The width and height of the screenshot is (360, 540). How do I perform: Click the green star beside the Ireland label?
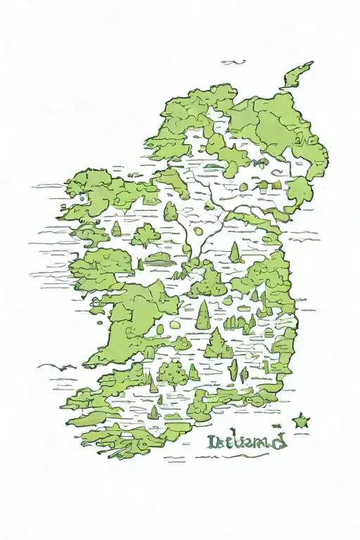300,421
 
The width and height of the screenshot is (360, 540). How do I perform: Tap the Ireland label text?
246,442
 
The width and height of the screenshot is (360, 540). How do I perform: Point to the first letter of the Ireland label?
212,442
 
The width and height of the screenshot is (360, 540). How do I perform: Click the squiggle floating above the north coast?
233,63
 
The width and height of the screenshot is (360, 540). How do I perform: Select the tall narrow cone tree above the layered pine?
204,314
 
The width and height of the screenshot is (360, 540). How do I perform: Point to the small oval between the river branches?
198,230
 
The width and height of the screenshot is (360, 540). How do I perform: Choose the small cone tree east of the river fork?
235,253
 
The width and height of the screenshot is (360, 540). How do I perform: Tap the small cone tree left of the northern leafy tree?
117,229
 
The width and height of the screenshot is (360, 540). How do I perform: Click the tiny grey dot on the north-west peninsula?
82,198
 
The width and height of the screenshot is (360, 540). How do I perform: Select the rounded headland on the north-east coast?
300,190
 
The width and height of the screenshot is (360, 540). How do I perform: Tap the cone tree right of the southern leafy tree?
193,371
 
